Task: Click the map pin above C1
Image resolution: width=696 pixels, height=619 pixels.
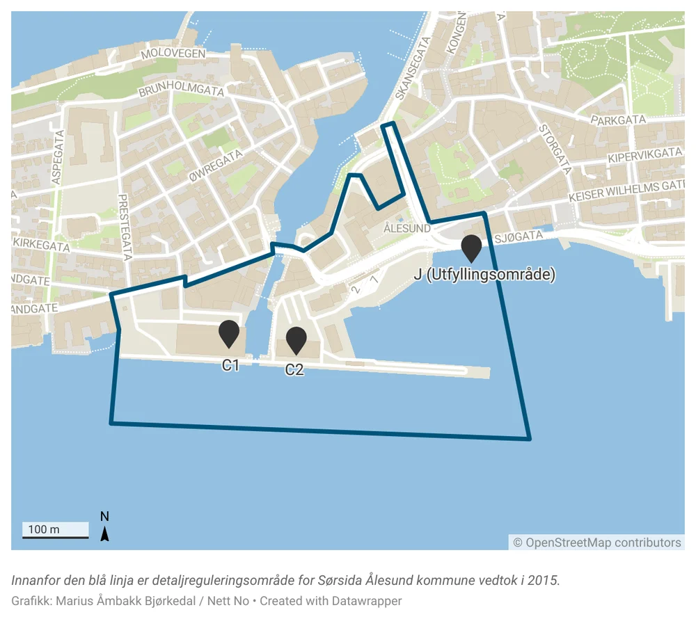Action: (229, 333)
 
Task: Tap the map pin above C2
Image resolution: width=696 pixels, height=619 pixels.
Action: (296, 339)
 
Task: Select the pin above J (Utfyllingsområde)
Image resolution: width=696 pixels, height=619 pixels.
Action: (472, 248)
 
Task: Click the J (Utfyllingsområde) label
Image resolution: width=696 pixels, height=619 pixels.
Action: (484, 275)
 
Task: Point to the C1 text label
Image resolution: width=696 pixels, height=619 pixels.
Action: (230, 365)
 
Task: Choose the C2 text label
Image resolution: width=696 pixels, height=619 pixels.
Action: (294, 370)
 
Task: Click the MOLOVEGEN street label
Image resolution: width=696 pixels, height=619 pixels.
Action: (173, 54)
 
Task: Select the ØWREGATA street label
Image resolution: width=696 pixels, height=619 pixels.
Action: (216, 165)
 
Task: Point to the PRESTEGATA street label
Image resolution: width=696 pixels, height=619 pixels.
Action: (126, 227)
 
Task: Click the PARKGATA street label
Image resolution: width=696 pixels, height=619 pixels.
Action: (618, 120)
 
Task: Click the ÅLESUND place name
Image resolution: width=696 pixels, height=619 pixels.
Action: (407, 228)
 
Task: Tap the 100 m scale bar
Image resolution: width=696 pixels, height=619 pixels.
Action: (55, 531)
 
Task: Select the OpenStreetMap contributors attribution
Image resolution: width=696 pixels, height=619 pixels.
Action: (597, 542)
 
